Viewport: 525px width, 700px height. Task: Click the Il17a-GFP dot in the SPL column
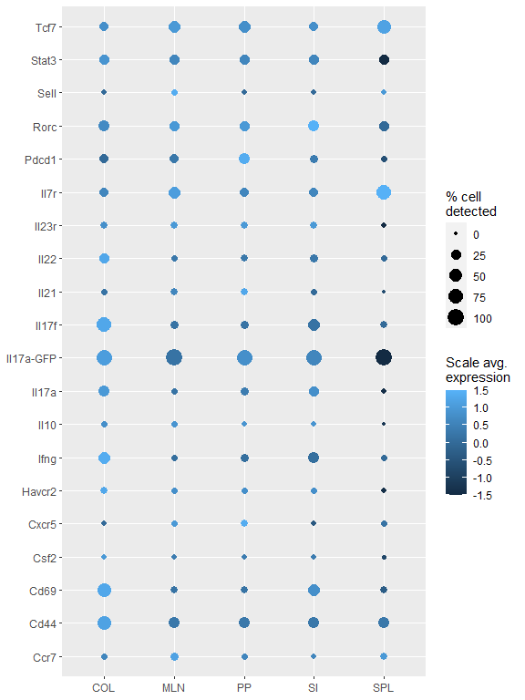coord(384,358)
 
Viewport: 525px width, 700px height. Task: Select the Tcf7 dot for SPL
coord(384,27)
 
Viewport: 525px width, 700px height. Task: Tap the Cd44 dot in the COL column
coord(104,623)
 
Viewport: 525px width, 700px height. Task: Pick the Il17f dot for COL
coord(104,324)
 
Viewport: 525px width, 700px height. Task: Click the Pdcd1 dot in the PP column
coord(244,160)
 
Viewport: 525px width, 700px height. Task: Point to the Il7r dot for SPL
coord(384,192)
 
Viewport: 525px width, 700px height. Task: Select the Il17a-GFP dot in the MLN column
coord(174,358)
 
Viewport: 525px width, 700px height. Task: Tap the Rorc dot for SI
coord(314,126)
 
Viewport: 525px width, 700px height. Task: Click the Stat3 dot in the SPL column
coord(384,60)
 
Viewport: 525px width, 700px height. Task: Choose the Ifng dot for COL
coord(104,458)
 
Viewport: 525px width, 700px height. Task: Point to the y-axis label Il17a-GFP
coord(32,358)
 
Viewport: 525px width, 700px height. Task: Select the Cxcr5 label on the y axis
coord(41,524)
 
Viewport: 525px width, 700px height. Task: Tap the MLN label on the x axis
coord(174,685)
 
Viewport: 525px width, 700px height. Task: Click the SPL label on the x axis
coord(384,685)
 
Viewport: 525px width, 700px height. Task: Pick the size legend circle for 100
coord(456,317)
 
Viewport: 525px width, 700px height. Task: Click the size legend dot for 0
coord(456,233)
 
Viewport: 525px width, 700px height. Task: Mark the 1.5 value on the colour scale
coord(482,390)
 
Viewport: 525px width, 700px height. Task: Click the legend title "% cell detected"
coord(470,204)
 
